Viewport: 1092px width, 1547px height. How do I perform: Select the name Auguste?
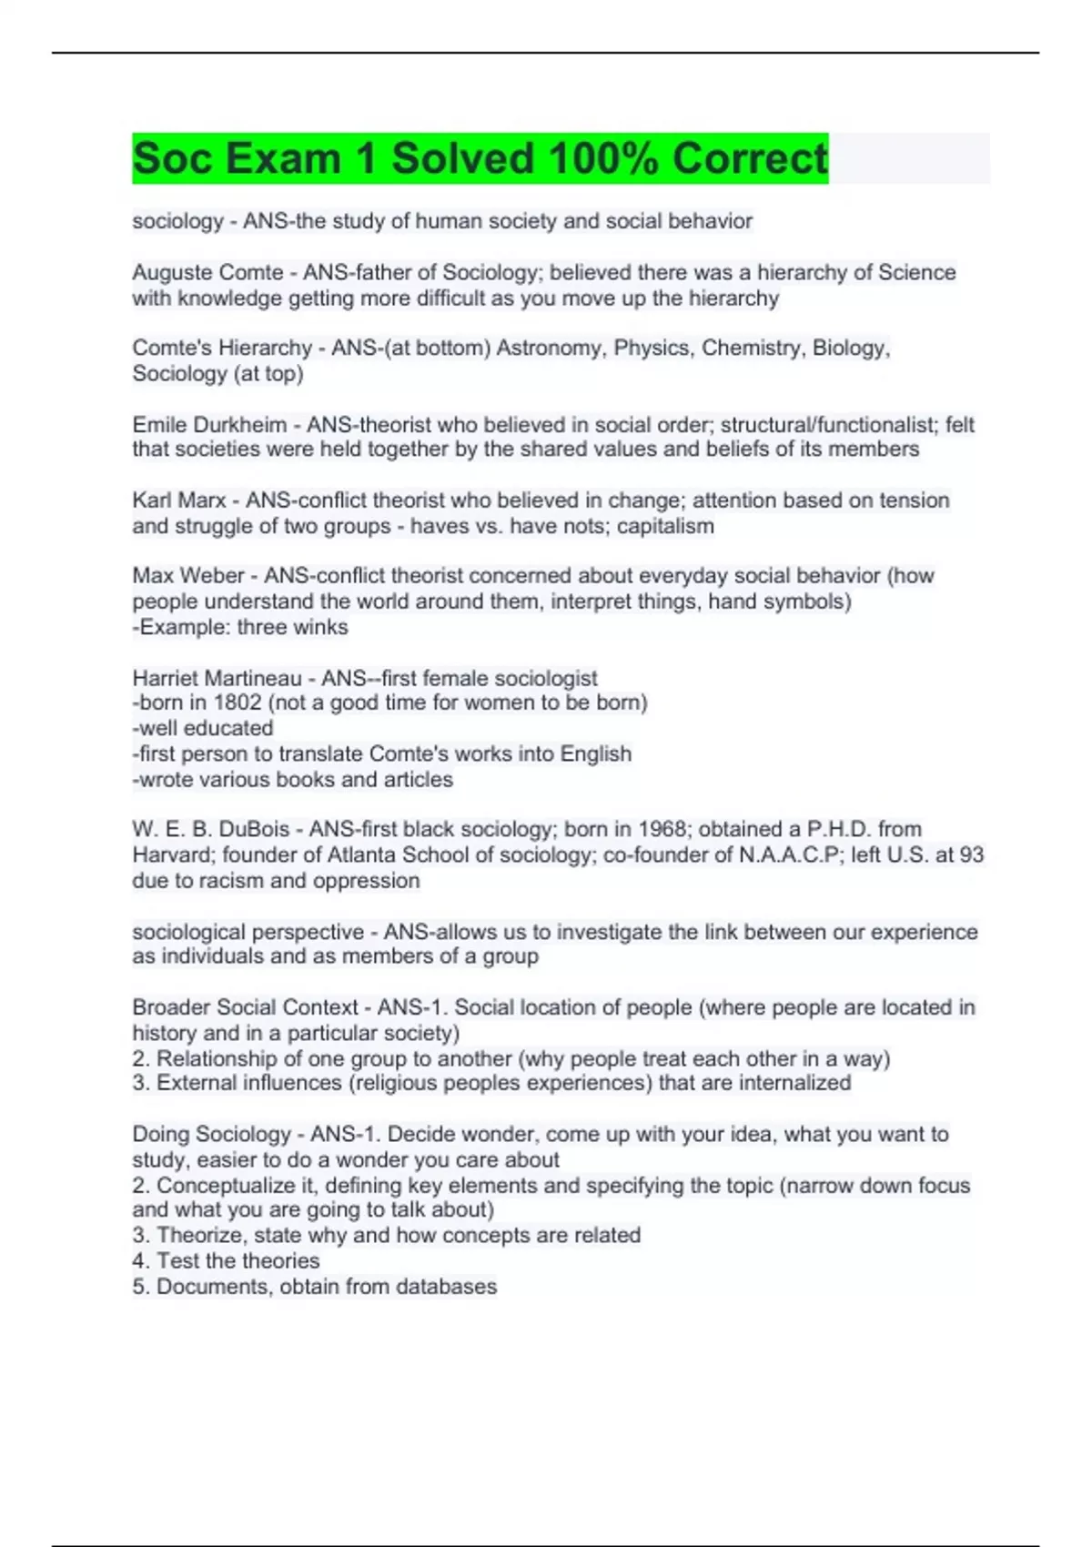click(168, 272)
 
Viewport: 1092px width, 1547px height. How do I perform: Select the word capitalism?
click(665, 526)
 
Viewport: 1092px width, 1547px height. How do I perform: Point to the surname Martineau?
click(256, 678)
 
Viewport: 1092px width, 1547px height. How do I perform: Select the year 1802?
click(237, 703)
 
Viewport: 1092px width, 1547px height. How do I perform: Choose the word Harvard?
click(172, 854)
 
